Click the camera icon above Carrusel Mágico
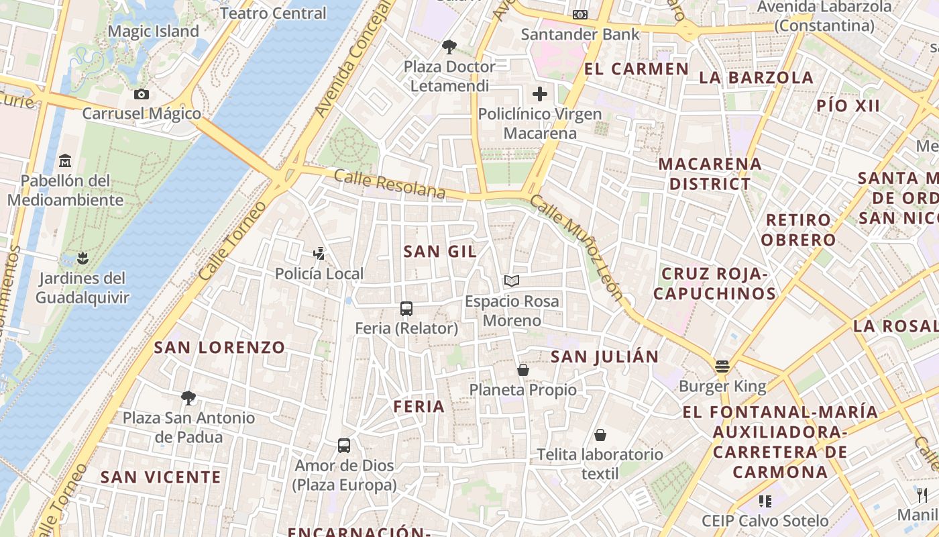click(141, 94)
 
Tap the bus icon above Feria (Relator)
click(406, 309)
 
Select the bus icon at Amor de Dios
click(344, 445)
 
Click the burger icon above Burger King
click(722, 367)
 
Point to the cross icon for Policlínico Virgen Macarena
click(540, 94)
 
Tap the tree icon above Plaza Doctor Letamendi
click(449, 46)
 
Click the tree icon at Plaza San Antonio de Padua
click(188, 398)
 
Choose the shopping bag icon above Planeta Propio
click(523, 370)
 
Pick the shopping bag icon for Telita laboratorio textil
click(600, 435)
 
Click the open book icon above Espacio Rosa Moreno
click(512, 281)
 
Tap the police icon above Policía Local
click(319, 254)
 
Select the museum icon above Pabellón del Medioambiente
click(65, 161)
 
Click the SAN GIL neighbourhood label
click(440, 252)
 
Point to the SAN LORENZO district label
click(220, 348)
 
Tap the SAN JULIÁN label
click(605, 357)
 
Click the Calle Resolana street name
click(389, 185)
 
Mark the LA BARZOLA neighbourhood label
click(757, 77)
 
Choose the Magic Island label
click(153, 32)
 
